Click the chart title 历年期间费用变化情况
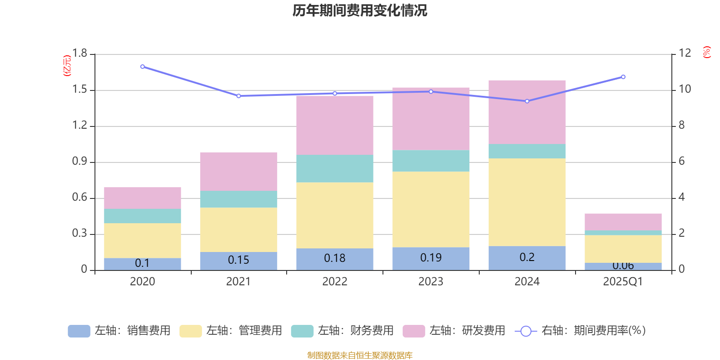(360, 10)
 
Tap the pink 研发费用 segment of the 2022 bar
(335, 125)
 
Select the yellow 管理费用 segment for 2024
(527, 202)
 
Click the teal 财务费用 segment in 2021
(238, 199)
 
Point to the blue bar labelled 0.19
(431, 258)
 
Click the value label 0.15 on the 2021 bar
(238, 260)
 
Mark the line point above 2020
(143, 67)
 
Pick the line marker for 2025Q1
(623, 77)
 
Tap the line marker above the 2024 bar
(527, 101)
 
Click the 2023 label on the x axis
(431, 282)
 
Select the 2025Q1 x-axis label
(623, 282)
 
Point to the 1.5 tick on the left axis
(80, 90)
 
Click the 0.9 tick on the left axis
(80, 162)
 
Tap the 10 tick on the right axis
(685, 89)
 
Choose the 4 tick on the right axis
(682, 197)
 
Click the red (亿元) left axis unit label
(67, 66)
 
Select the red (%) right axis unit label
(706, 52)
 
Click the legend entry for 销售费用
(119, 331)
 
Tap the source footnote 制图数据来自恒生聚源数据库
(360, 355)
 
